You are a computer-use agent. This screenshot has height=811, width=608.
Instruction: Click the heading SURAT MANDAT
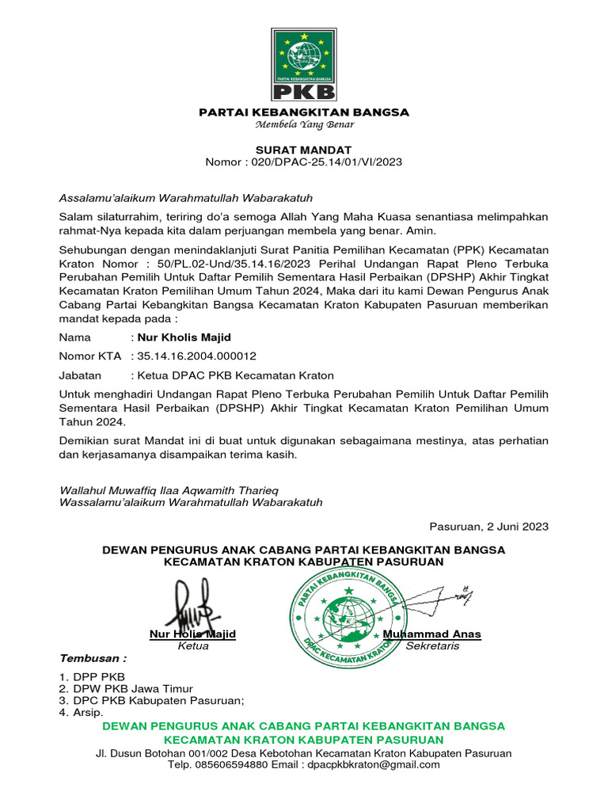(303, 150)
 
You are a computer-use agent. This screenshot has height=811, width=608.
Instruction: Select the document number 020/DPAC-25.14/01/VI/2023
(327, 162)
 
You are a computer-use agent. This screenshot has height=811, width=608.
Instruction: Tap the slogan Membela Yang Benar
(303, 124)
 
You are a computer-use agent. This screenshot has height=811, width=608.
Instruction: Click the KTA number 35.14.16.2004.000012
(197, 356)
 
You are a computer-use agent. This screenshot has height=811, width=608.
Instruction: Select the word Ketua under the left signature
(193, 646)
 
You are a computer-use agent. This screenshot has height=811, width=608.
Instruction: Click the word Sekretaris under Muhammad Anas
(432, 646)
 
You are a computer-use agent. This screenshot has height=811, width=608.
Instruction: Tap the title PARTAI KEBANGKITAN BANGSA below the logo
(303, 112)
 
